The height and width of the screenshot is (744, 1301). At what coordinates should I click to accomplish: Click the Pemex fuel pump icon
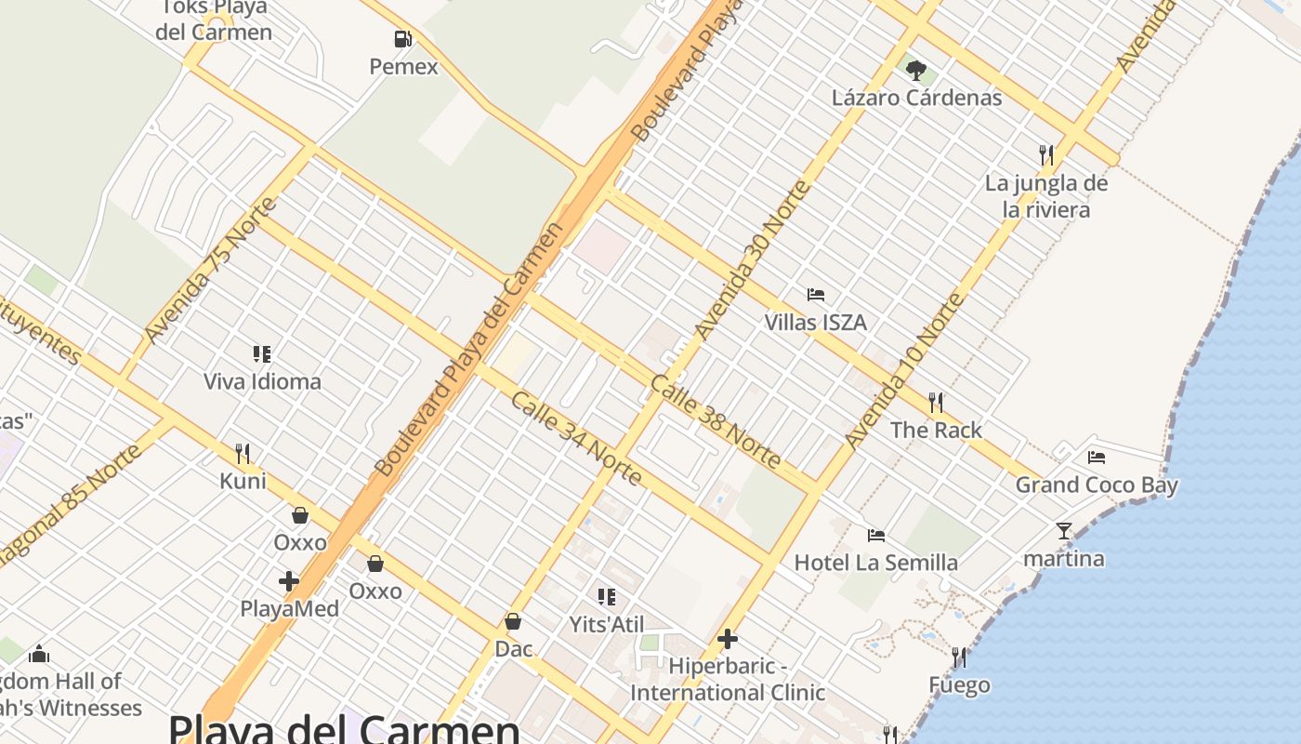(402, 39)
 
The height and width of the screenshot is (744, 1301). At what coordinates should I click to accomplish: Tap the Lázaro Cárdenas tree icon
(916, 69)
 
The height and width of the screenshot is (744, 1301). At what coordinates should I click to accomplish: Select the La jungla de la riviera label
(1046, 196)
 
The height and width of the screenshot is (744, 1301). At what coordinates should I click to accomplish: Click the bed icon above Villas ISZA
(816, 295)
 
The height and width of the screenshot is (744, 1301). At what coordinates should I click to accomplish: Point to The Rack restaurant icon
(936, 403)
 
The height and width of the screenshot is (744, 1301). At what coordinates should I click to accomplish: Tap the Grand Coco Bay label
(1097, 485)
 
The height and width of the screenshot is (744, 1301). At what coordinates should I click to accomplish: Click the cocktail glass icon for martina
(1064, 531)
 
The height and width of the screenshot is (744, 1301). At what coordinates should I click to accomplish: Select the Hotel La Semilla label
(875, 563)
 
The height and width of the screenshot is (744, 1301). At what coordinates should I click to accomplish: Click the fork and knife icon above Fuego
(959, 658)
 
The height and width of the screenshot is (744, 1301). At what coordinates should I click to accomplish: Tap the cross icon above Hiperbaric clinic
(728, 639)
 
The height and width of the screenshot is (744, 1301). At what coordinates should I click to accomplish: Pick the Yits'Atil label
(607, 624)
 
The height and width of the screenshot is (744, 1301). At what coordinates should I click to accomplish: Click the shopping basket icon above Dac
(513, 620)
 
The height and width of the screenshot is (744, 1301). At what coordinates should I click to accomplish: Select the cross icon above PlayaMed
(289, 581)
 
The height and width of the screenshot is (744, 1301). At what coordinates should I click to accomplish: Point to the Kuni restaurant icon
(243, 453)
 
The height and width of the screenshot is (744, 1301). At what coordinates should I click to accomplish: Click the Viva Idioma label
(262, 381)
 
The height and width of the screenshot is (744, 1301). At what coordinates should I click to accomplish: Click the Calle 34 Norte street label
(576, 437)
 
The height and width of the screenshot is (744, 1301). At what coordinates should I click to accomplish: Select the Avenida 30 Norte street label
(753, 260)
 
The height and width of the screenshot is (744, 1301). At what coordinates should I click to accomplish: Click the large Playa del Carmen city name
(344, 728)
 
